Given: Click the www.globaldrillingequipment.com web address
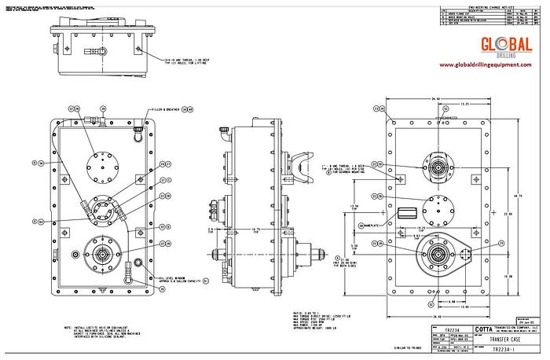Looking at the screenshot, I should click(x=491, y=64).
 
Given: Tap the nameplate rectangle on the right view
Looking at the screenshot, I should click(x=408, y=213).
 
